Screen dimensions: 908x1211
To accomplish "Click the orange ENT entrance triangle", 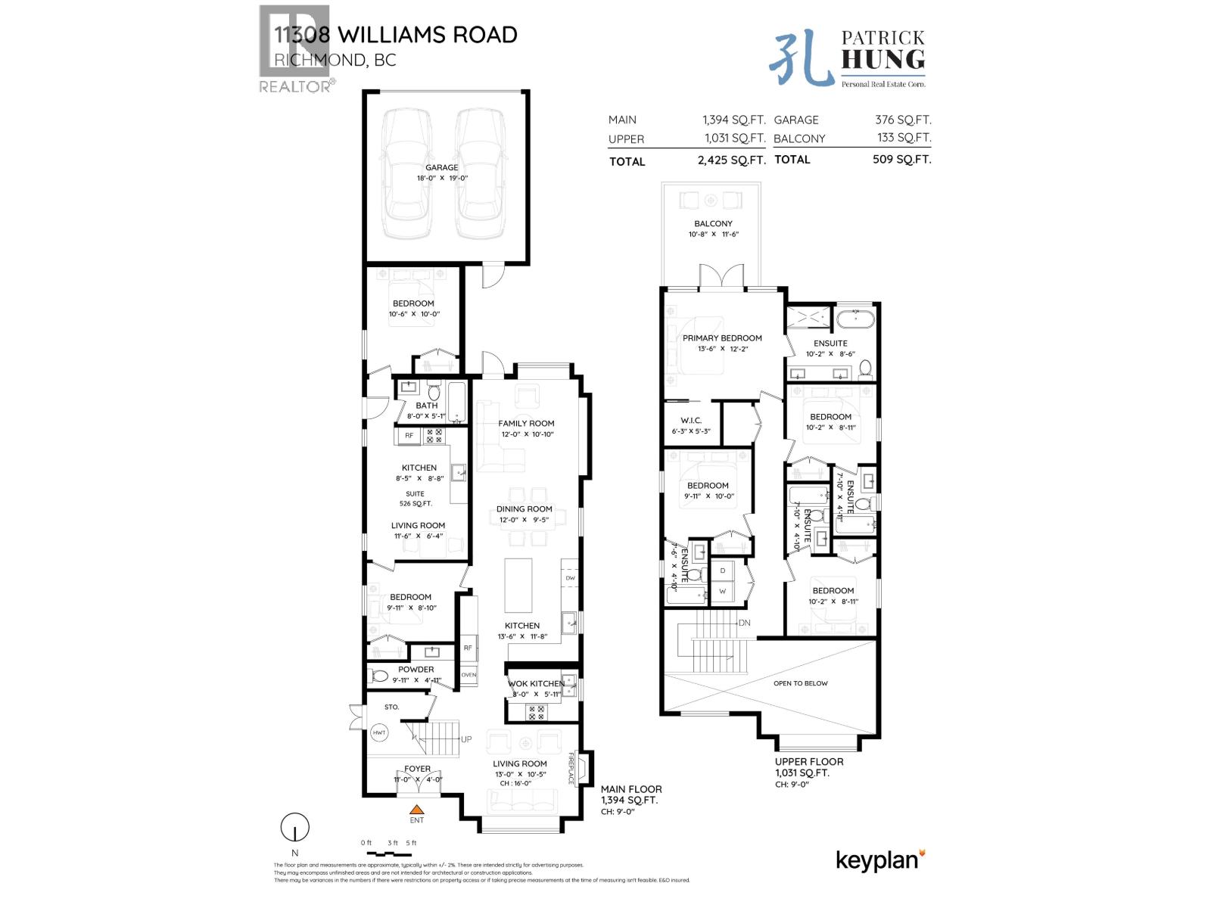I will point(416,809).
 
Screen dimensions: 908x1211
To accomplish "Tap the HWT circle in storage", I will point(379,732).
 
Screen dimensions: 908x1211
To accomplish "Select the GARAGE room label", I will point(441,168).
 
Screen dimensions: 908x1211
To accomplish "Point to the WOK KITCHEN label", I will point(535,683).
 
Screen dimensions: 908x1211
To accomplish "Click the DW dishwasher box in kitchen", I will point(570,578).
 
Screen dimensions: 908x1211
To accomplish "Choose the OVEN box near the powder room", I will point(469,675).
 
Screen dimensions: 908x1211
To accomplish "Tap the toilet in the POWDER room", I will point(380,675).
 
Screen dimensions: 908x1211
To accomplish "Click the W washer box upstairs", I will point(723,591).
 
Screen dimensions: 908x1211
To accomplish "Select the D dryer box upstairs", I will point(723,570).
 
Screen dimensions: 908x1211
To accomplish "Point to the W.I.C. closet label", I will point(691,420).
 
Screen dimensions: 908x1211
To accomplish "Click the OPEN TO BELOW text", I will point(800,683).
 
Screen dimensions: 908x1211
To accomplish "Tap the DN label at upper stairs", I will point(745,623).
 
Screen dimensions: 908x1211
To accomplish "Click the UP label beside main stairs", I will point(466,739).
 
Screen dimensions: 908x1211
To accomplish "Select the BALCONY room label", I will point(713,223).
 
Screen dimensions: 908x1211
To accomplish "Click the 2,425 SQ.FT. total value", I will point(731,160).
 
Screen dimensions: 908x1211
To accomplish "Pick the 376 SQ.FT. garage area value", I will point(902,120).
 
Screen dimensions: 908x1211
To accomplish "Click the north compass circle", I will point(295,827).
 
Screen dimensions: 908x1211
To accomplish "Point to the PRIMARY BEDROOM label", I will point(722,338).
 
